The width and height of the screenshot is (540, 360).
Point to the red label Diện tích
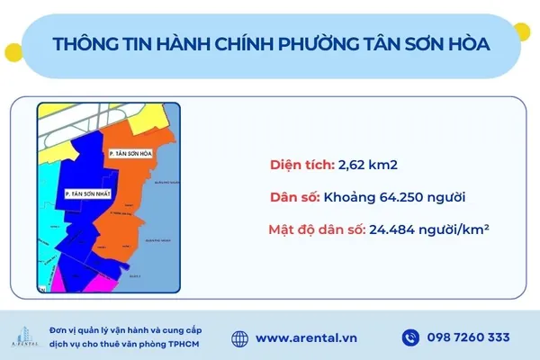(x=301, y=165)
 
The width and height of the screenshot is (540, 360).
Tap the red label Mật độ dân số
(x=315, y=229)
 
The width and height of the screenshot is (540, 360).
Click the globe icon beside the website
(x=239, y=337)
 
